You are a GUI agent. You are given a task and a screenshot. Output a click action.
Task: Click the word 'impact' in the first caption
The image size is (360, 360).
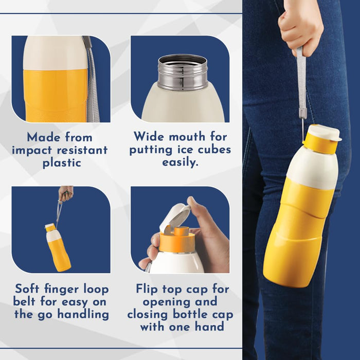tap(32, 151)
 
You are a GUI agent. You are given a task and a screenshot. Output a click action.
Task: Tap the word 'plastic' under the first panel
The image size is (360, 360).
tap(62, 163)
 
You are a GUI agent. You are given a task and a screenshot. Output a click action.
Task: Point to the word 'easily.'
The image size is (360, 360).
tap(180, 163)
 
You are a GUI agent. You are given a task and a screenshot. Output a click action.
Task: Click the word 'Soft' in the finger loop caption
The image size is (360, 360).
tap(27, 289)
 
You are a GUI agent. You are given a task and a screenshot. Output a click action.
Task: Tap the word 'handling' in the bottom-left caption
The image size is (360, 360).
tap(83, 314)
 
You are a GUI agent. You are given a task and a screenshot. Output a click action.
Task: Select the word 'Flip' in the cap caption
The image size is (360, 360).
tap(147, 289)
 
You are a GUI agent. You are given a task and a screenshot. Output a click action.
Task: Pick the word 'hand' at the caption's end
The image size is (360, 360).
tap(209, 327)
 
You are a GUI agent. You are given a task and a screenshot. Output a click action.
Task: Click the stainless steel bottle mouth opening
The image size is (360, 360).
tap(183, 60)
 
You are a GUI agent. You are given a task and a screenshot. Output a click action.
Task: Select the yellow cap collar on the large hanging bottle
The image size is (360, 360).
tap(320, 143)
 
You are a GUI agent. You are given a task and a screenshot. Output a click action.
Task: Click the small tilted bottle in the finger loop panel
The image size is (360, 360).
tap(58, 247)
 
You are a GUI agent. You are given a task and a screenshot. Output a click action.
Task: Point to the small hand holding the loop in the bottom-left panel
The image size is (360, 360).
tap(66, 193)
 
